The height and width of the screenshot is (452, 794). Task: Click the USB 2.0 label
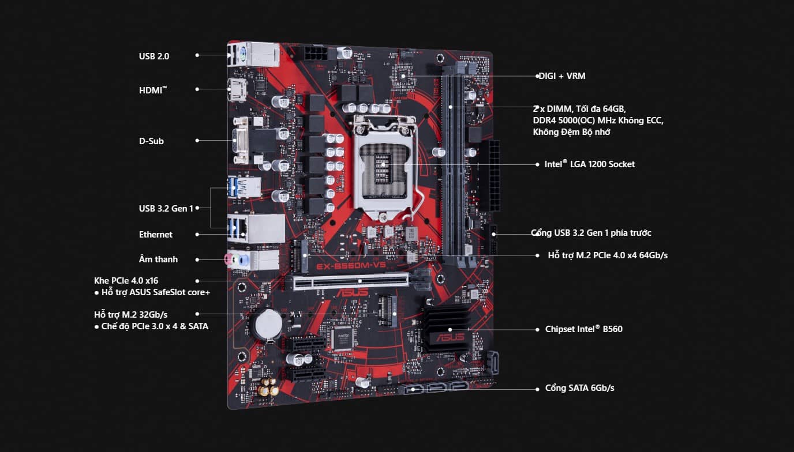[153, 56]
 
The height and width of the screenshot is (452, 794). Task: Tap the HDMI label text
[152, 90]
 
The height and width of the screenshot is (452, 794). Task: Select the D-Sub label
[151, 141]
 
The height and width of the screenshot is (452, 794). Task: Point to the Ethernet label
[155, 234]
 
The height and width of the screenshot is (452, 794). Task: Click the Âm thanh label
[158, 259]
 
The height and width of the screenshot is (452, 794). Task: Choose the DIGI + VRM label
[562, 76]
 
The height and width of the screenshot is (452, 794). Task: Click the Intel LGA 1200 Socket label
[589, 164]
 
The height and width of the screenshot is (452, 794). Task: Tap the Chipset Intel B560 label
[583, 329]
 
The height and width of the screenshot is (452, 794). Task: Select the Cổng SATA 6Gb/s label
[579, 388]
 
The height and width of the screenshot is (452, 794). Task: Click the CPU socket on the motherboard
[383, 165]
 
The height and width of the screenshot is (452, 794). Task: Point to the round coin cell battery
[268, 323]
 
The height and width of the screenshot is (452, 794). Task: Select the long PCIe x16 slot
[351, 281]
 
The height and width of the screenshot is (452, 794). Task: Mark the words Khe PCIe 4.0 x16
[126, 281]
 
